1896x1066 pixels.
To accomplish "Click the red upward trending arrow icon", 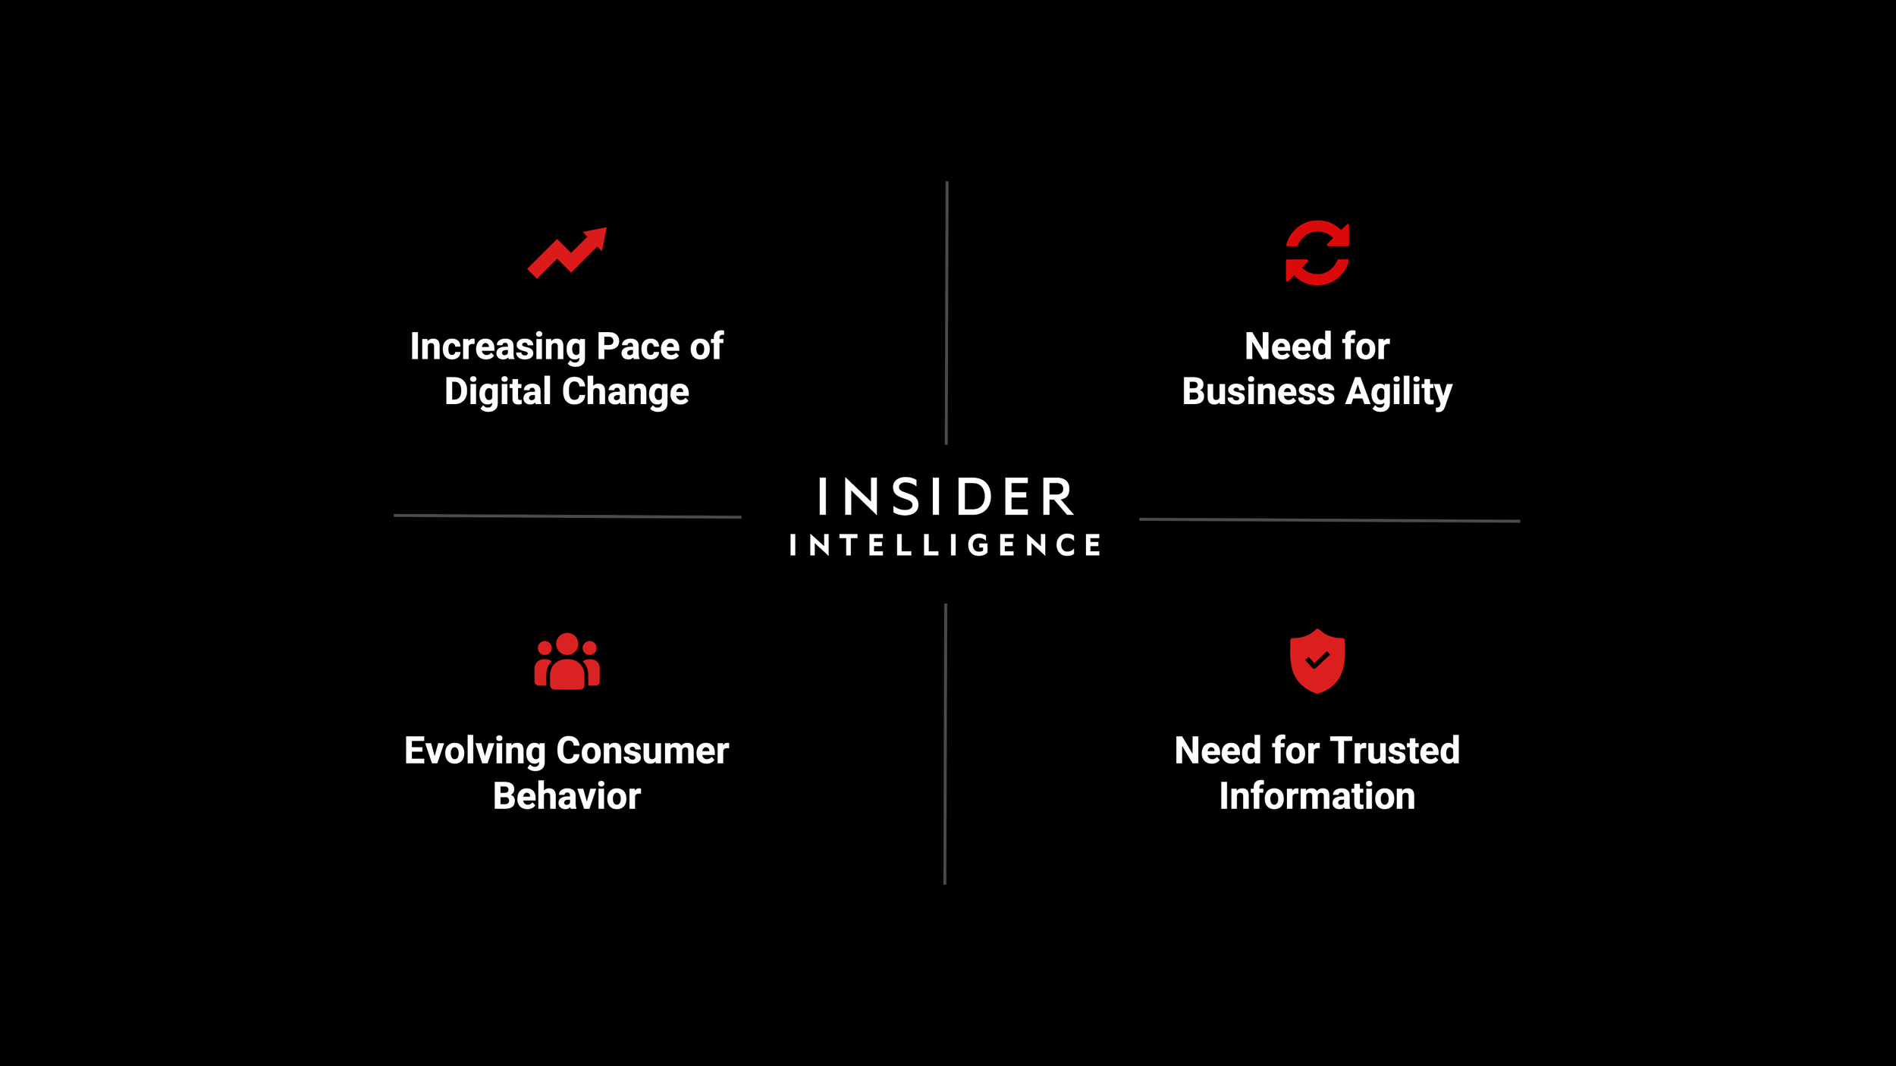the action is pyautogui.click(x=567, y=253).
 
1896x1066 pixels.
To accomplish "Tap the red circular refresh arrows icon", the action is pyautogui.click(x=1317, y=253).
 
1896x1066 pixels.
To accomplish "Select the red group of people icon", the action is pyautogui.click(x=567, y=661).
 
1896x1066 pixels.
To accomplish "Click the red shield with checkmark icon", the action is pyautogui.click(x=1317, y=661).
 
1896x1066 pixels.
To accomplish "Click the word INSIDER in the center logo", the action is pyautogui.click(x=946, y=497).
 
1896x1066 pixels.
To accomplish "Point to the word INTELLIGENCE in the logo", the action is pyautogui.click(x=946, y=545).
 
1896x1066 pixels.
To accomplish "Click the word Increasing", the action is pyautogui.click(x=498, y=347).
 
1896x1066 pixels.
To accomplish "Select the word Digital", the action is pyautogui.click(x=498, y=392).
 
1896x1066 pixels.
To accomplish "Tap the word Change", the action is pyautogui.click(x=626, y=392).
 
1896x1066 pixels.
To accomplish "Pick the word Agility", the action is pyautogui.click(x=1398, y=392).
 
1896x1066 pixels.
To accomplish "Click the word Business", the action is pyautogui.click(x=1258, y=392).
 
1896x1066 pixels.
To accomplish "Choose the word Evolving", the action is pyautogui.click(x=475, y=751).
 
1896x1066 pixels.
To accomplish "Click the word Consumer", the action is pyautogui.click(x=642, y=751).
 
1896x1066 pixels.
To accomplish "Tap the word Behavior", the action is pyautogui.click(x=567, y=796).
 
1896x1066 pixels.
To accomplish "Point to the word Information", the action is pyautogui.click(x=1317, y=796).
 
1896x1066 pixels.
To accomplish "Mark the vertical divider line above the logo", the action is pyautogui.click(x=946, y=312).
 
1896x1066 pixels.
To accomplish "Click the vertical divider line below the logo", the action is pyautogui.click(x=945, y=743).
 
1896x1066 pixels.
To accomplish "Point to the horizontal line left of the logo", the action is pyautogui.click(x=567, y=516).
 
